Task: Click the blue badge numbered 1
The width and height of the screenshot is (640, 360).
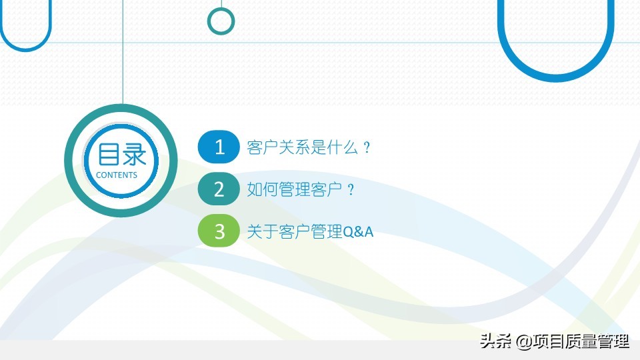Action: point(219,147)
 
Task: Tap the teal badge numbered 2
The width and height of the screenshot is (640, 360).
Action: point(219,189)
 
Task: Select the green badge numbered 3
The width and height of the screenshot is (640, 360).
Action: point(219,231)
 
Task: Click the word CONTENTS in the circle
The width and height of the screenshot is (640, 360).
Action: point(116,175)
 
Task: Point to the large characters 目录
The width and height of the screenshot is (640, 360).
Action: point(121,155)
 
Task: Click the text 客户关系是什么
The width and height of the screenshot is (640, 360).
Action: point(303,147)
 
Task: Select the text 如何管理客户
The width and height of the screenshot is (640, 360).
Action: point(294,189)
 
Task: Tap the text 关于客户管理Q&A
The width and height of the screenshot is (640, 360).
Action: point(310,231)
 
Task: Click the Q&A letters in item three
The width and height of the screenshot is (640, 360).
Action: point(358,232)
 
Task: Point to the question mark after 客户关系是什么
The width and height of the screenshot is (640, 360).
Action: point(367,147)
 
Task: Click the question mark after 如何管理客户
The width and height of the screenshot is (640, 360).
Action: point(351,189)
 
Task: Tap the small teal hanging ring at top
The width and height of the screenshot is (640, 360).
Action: point(221,21)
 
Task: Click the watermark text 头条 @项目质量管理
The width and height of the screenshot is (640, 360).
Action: point(555,341)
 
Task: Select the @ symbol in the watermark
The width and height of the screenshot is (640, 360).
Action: point(524,341)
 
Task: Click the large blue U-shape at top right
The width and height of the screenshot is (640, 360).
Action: point(556,76)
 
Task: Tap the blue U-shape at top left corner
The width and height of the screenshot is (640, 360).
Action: point(25,49)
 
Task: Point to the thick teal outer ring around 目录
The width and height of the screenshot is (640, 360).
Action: point(121,108)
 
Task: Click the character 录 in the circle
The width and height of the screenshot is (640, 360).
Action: point(134,155)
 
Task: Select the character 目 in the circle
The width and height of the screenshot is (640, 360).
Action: point(108,155)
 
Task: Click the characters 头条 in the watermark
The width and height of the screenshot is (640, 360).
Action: point(495,341)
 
